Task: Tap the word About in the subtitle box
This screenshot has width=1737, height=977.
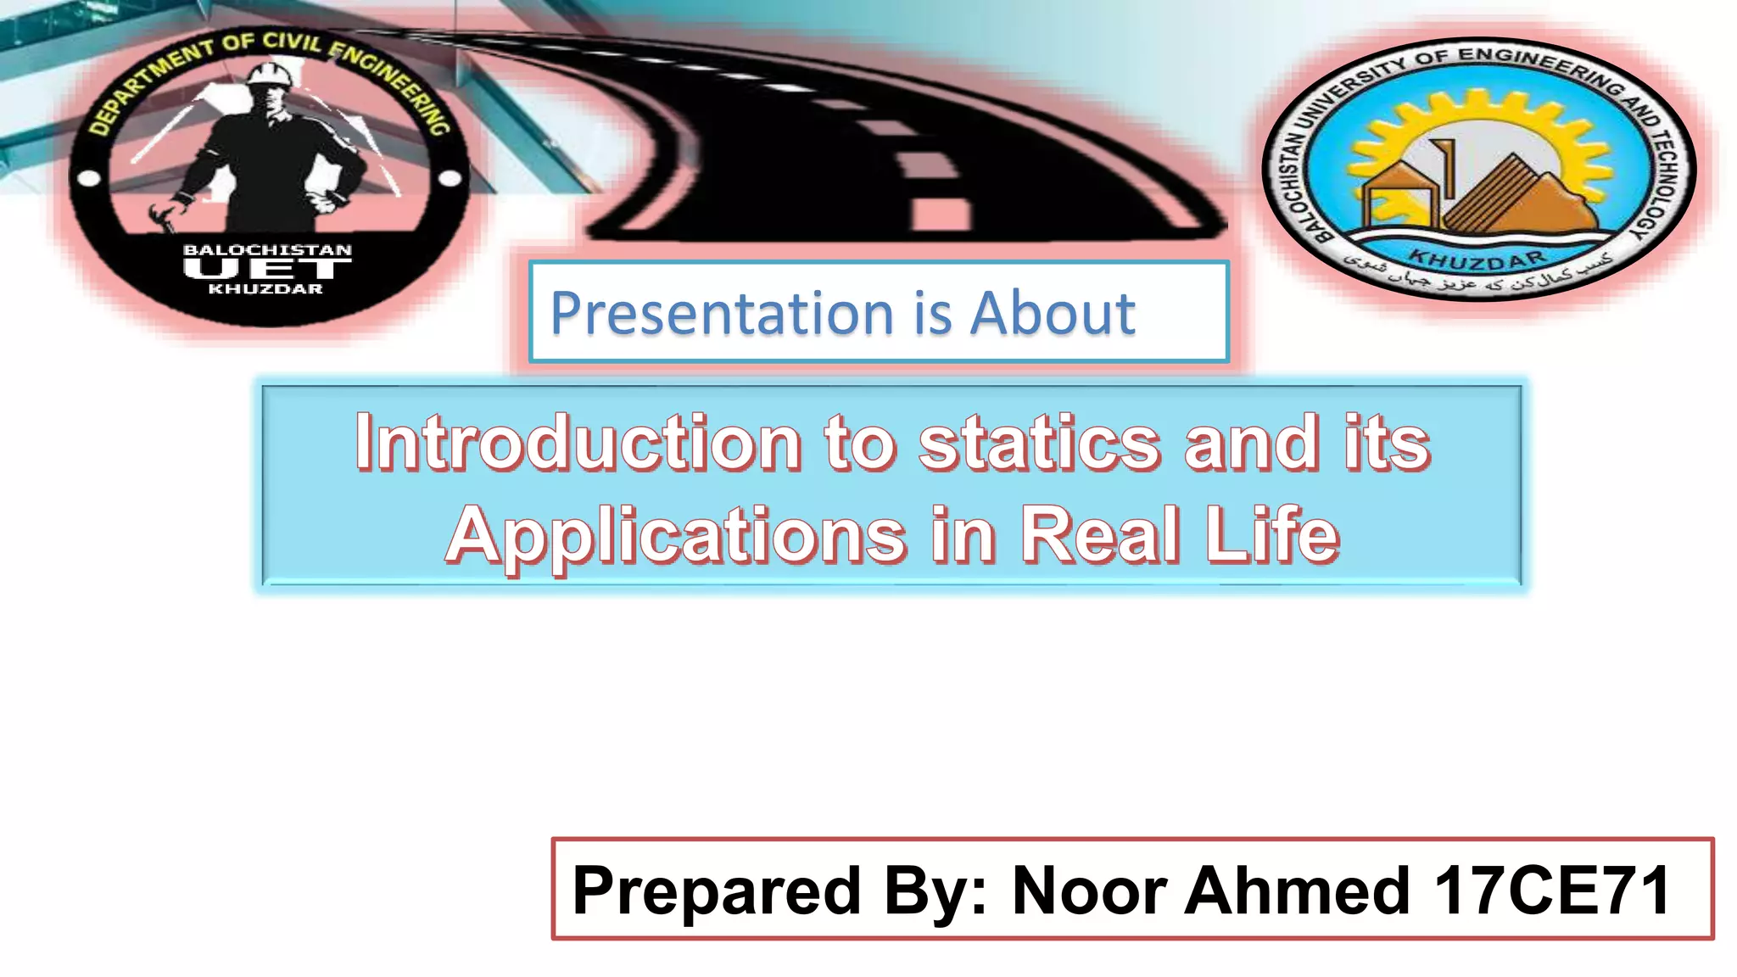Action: coord(1052,314)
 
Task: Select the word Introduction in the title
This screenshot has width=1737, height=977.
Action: coord(578,443)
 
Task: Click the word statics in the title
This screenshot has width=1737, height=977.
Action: coord(1039,443)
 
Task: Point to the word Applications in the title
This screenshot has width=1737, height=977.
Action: coord(676,536)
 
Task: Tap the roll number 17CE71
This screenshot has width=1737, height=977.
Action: coord(1552,890)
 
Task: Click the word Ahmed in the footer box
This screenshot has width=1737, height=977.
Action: coord(1298,890)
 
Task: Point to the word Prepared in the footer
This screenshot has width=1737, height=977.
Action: coord(717,890)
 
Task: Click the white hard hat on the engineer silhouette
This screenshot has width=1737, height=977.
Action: coord(271,73)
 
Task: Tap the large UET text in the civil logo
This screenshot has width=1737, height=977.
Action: coord(267,269)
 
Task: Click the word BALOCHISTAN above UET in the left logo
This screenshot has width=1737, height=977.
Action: coord(267,250)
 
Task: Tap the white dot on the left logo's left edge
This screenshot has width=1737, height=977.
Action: coord(89,179)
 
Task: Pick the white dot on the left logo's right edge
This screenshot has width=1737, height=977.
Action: coord(450,178)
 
